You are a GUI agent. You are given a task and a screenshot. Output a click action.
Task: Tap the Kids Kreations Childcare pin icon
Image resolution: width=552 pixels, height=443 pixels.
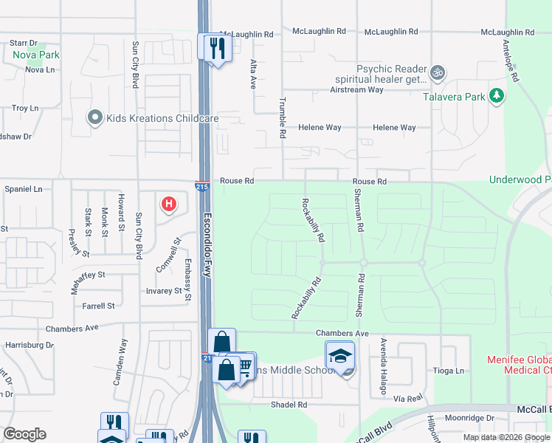point(94,117)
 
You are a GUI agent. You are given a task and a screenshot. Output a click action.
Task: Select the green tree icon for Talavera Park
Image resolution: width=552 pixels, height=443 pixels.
point(497,96)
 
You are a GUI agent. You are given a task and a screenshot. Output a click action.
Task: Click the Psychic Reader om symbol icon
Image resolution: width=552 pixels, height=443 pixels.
point(437,72)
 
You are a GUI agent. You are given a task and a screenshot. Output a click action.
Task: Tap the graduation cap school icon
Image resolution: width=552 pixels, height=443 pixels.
point(340,356)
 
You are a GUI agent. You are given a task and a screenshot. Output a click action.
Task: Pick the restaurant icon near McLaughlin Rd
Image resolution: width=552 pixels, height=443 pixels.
point(215,48)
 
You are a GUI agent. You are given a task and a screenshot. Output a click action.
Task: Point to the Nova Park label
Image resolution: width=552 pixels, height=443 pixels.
point(35,55)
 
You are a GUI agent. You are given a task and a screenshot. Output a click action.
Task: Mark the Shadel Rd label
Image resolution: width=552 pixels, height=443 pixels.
point(289,405)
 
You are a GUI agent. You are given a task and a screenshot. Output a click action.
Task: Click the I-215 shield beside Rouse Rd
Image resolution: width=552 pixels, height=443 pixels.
point(201,187)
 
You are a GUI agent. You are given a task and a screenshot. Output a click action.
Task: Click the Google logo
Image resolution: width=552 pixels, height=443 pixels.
point(24,434)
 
